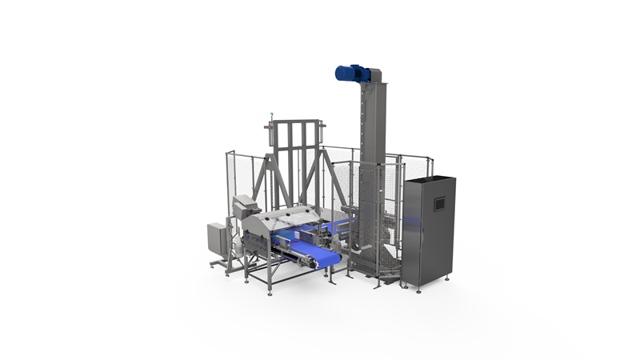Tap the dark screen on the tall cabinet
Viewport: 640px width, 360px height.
(x=438, y=204)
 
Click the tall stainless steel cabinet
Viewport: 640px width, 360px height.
(x=428, y=232)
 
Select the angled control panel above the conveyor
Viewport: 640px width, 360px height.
(x=244, y=206)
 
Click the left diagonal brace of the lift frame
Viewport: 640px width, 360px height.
(x=262, y=178)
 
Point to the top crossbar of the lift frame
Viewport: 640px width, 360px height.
(x=297, y=123)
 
